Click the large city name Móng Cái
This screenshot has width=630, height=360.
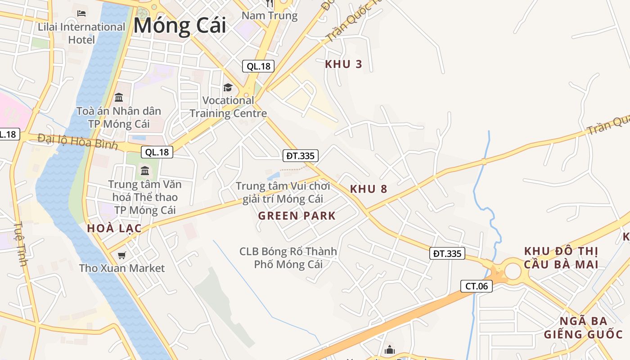tap(180, 26)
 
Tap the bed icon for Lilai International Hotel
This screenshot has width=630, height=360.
tap(81, 13)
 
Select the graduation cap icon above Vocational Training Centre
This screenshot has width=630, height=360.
tap(228, 87)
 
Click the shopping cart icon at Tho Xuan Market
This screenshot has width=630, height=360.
tap(121, 256)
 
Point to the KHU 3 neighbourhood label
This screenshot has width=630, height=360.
tap(343, 64)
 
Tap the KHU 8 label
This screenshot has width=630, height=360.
tap(369, 189)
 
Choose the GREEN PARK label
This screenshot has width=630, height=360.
tap(297, 216)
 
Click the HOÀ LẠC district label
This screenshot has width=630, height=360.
tap(114, 228)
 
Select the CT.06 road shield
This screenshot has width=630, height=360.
tap(477, 286)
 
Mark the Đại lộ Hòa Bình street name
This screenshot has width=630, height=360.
tap(77, 141)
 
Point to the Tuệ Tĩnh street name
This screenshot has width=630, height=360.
tap(20, 243)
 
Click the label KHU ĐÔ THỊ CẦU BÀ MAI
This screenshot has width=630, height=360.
tap(561, 258)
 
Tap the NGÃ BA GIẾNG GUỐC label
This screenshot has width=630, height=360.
tap(583, 328)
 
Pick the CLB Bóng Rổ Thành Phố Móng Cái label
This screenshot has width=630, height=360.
tap(288, 258)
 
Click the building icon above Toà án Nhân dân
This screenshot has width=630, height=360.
tap(119, 97)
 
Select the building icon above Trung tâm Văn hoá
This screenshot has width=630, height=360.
tap(145, 171)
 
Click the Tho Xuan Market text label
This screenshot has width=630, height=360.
tap(121, 268)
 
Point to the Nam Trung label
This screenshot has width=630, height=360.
tap(270, 16)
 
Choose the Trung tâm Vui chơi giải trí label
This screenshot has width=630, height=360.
tap(283, 192)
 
